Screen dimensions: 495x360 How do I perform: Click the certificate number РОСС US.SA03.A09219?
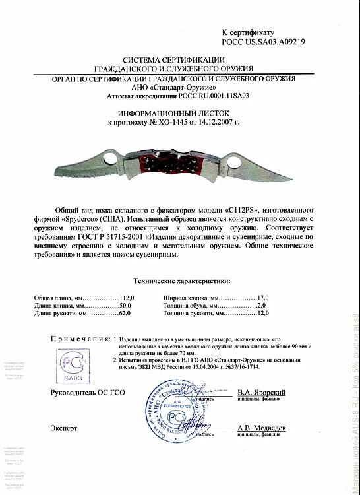(x=258, y=41)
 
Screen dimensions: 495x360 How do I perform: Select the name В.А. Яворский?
(x=262, y=391)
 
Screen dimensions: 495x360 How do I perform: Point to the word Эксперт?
(x=64, y=428)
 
